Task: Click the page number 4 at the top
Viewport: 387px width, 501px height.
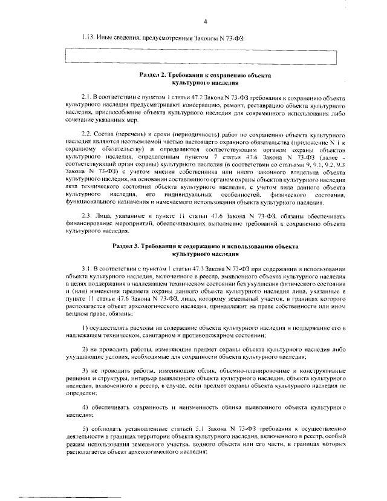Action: [205, 22]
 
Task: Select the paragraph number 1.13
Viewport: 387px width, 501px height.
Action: [89, 38]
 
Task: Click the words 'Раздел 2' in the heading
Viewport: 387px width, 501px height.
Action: [152, 75]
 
